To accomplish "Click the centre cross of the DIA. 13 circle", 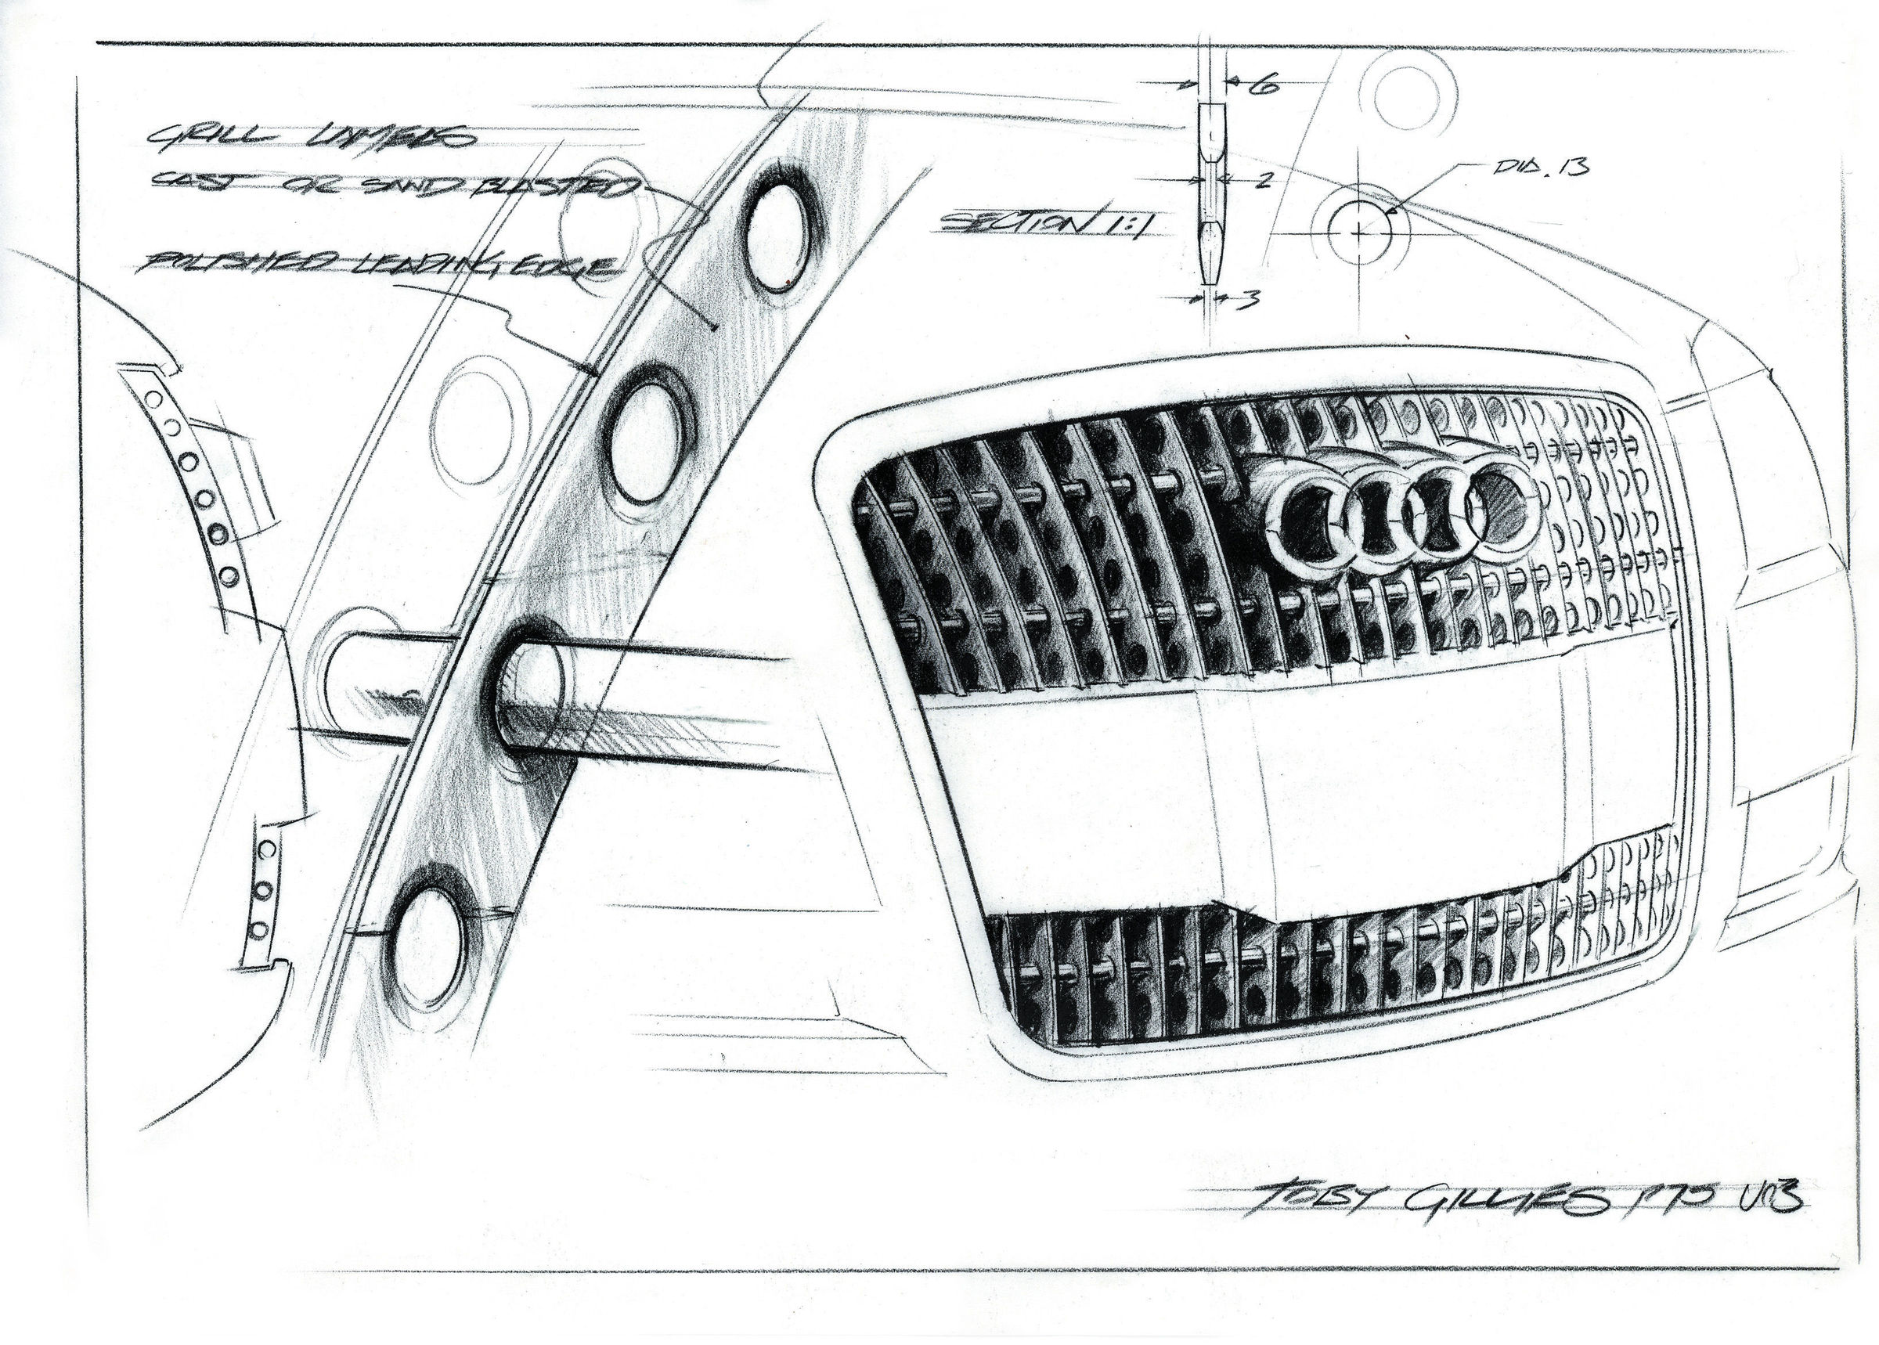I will click(x=1359, y=233).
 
